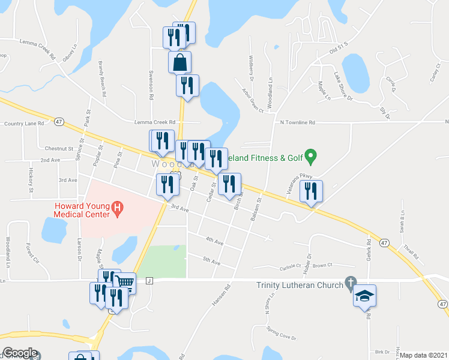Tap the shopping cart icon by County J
click(125, 282)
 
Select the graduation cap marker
click(364, 296)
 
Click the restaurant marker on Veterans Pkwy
click(311, 191)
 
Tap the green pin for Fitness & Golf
click(310, 157)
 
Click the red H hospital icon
click(118, 209)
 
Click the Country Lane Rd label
click(24, 124)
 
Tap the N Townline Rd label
click(298, 122)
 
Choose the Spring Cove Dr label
click(281, 334)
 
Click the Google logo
click(20, 353)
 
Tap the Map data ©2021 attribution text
click(424, 355)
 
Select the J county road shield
click(149, 280)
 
